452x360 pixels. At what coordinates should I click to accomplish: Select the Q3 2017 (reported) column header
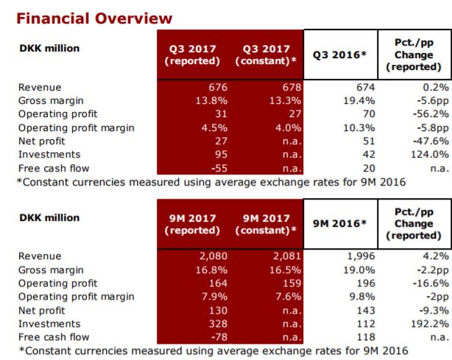(x=192, y=54)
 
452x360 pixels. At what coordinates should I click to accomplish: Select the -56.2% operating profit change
(x=430, y=115)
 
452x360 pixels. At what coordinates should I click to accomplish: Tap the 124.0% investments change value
(x=430, y=155)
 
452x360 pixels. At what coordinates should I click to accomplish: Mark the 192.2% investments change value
(x=430, y=323)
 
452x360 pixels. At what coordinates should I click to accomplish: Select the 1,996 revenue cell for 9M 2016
(x=360, y=257)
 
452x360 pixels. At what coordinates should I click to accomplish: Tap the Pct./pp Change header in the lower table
(x=413, y=223)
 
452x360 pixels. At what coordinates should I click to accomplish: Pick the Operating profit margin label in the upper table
(x=77, y=128)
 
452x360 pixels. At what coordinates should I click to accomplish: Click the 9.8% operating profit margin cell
(x=363, y=297)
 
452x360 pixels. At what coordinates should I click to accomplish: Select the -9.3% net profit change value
(x=433, y=310)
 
